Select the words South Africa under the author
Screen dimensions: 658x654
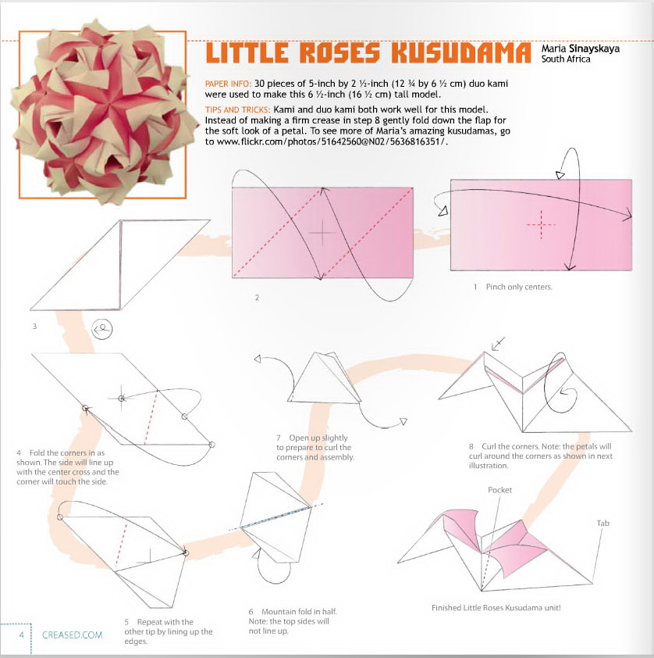click(x=566, y=59)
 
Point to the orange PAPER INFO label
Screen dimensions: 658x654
click(x=227, y=84)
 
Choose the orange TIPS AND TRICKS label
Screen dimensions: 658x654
click(x=236, y=109)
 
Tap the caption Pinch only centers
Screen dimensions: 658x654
click(x=512, y=287)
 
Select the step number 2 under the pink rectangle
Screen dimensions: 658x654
click(x=256, y=298)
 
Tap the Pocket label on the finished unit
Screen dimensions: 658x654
click(x=499, y=490)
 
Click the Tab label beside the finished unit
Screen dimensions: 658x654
click(x=602, y=523)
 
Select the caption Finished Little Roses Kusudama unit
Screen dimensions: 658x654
click(x=496, y=607)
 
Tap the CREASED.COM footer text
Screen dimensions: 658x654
click(x=73, y=635)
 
